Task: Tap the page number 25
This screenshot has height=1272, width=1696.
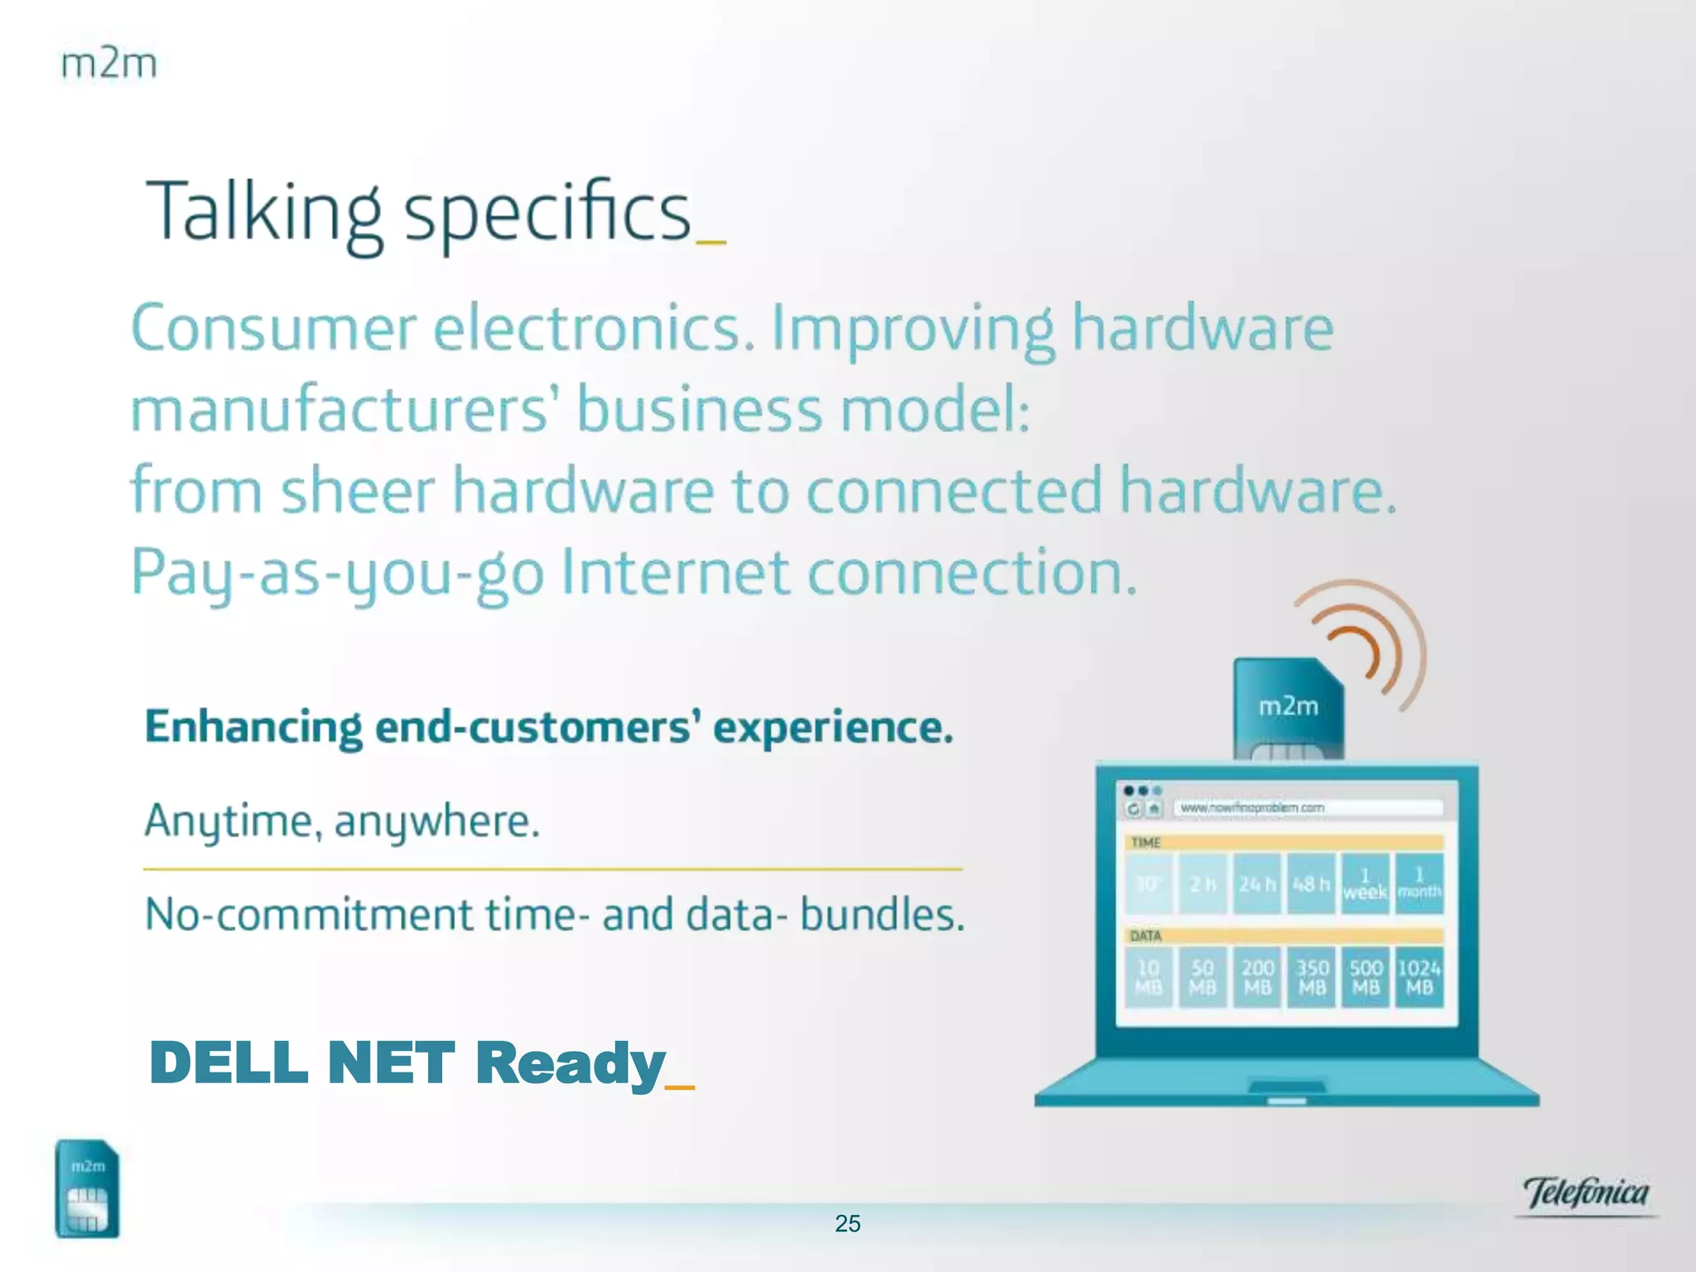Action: click(847, 1223)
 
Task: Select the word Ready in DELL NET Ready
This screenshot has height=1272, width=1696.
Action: click(571, 1065)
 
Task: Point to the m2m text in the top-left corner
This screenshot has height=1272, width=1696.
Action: click(108, 65)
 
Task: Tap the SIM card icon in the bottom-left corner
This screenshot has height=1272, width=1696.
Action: click(87, 1189)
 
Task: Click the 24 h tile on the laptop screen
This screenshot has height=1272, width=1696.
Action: click(1257, 884)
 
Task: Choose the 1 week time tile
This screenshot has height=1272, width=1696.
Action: click(1365, 884)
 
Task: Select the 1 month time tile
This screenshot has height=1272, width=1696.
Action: click(1419, 884)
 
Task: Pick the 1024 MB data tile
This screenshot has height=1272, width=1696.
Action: click(1419, 978)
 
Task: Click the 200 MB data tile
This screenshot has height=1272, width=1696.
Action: click(1257, 978)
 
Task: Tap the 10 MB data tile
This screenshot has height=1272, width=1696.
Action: click(1149, 978)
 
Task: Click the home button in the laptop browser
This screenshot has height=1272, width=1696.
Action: click(1154, 808)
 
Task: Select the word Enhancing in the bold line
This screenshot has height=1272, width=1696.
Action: click(253, 728)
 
